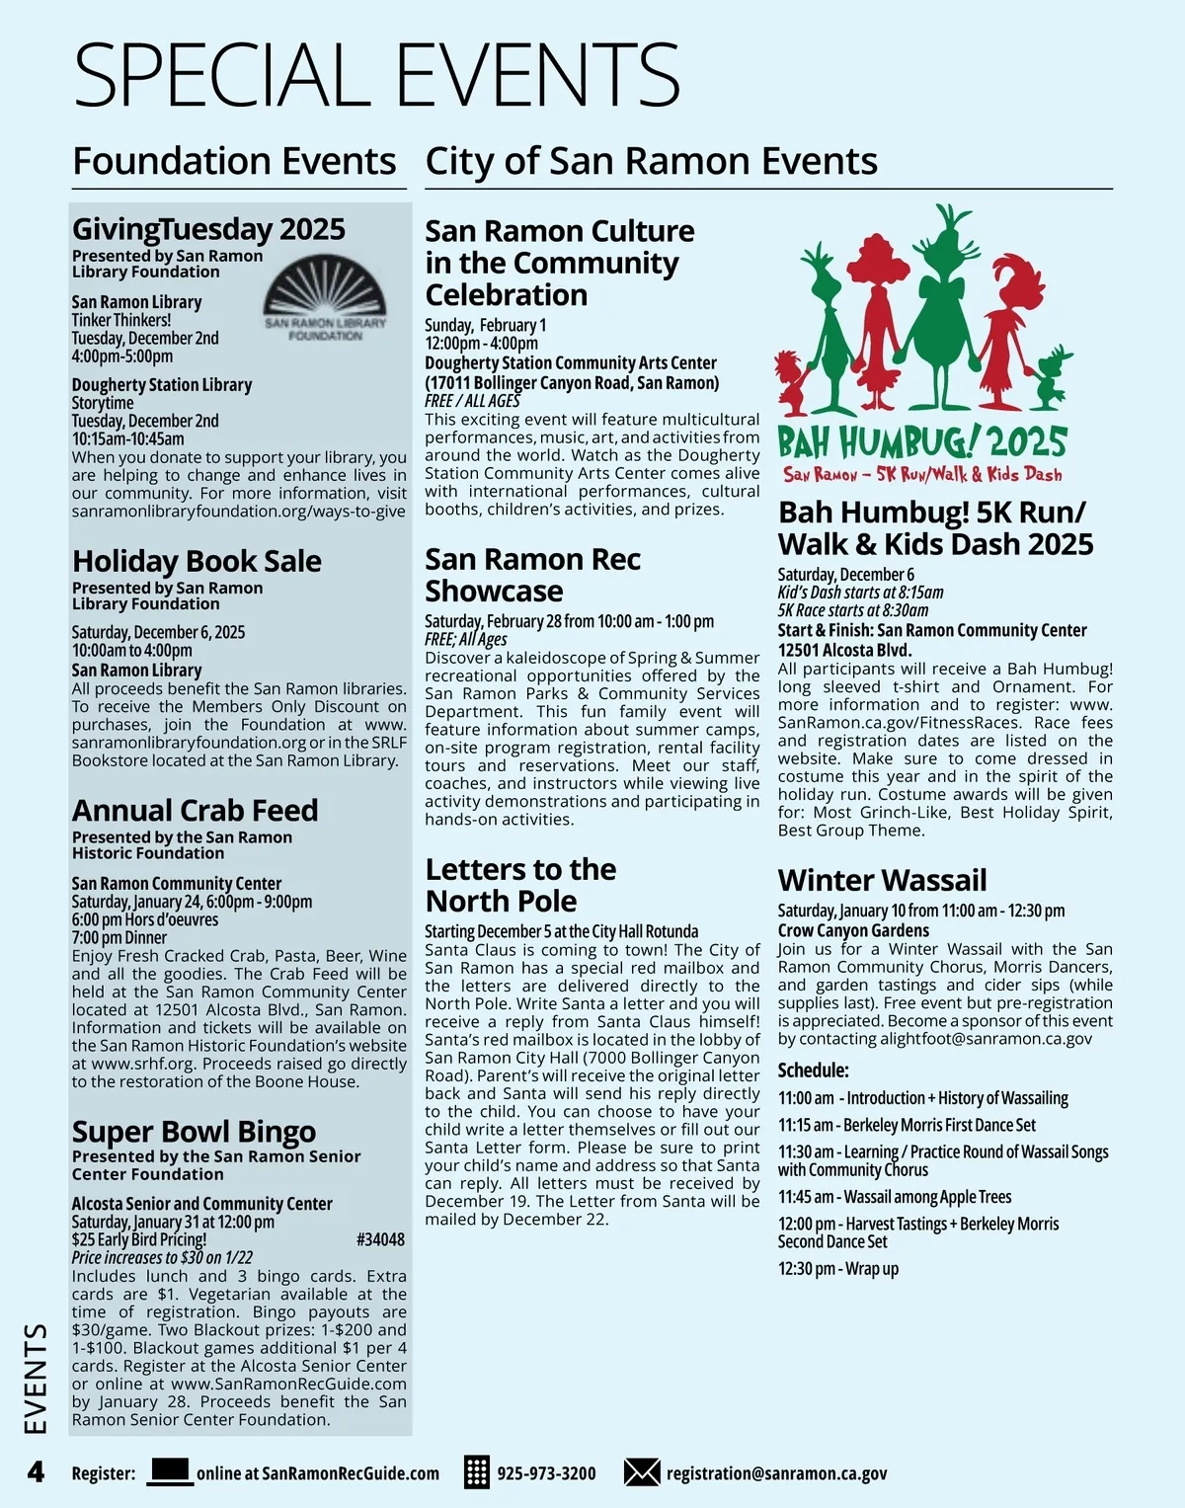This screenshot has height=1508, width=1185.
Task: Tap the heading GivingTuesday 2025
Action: [x=208, y=229]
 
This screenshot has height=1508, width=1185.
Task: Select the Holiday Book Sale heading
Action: [x=197, y=561]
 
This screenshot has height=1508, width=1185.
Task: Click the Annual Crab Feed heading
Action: [x=195, y=810]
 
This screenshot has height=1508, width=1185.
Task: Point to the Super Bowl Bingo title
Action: [x=194, y=1131]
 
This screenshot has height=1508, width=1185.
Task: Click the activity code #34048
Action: [x=380, y=1239]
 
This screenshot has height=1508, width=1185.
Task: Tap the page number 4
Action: [x=36, y=1472]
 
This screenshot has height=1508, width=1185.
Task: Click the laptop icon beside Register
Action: [x=170, y=1471]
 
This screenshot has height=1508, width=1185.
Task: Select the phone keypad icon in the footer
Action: [x=477, y=1472]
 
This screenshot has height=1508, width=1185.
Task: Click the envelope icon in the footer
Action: [x=642, y=1472]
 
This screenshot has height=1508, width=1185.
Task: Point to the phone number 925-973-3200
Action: [x=546, y=1473]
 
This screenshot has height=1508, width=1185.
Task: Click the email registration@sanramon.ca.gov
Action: [x=776, y=1473]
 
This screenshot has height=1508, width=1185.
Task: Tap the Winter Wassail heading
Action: [x=882, y=880]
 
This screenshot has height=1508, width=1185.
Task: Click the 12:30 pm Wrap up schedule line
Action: [x=837, y=1269]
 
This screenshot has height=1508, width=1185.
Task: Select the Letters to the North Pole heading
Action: [x=520, y=885]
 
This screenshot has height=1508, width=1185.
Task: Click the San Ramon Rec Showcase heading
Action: [x=532, y=575]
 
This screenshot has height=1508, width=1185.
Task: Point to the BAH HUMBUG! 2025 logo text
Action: [x=922, y=441]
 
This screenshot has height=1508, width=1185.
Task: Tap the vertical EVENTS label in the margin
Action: [x=36, y=1379]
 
